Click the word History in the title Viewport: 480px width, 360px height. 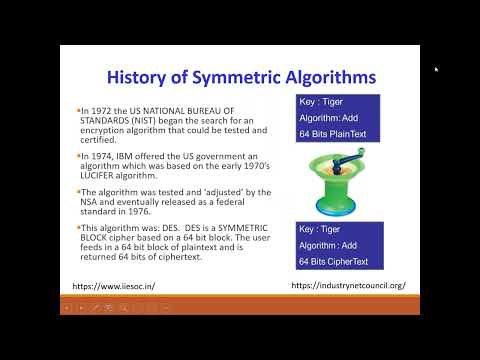[139, 76]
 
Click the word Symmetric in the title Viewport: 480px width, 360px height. [227, 76]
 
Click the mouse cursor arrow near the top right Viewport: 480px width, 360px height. [436, 69]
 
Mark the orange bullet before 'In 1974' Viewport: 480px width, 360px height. [78, 157]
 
